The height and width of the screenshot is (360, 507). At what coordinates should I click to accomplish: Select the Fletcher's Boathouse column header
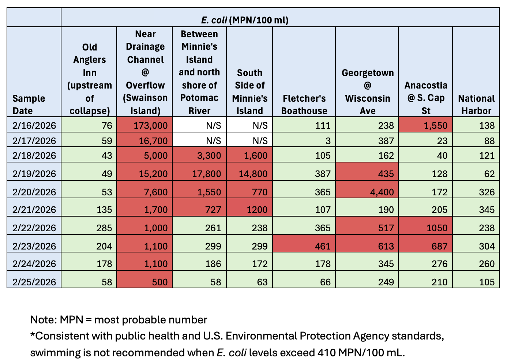[x=304, y=105]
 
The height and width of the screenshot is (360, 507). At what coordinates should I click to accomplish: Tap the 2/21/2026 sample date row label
[x=34, y=210]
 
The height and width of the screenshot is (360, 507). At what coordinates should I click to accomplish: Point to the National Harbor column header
[x=476, y=105]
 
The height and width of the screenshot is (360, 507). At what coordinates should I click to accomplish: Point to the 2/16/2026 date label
[x=34, y=125]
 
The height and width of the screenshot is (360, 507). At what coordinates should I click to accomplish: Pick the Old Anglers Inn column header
[x=89, y=79]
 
